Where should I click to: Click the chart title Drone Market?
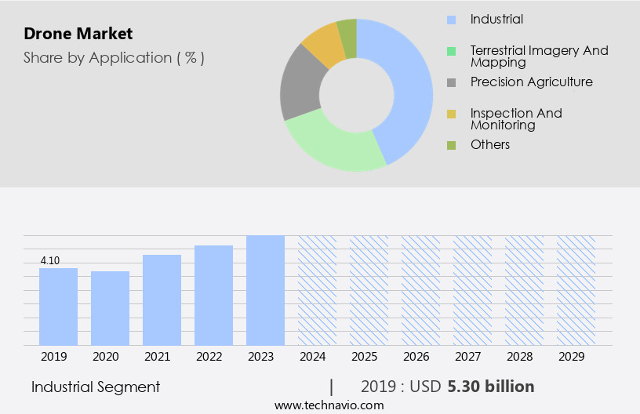(78, 34)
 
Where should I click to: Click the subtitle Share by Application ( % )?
(114, 58)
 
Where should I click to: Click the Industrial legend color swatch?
(451, 20)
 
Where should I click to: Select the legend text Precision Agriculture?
(531, 82)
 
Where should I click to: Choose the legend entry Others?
(489, 145)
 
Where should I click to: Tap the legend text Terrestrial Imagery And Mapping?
(539, 56)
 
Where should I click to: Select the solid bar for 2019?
(59, 307)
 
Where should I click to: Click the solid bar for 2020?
(111, 308)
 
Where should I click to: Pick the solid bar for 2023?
(265, 290)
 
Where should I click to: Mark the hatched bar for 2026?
(420, 290)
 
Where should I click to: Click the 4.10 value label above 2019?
(49, 260)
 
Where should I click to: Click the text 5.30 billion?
(491, 387)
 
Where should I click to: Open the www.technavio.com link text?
(329, 405)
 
